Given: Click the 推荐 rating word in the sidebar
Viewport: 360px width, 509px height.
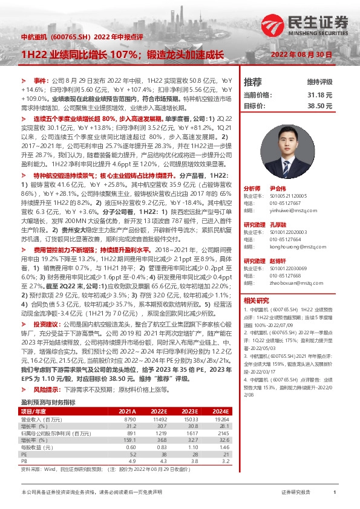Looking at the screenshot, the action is click(252, 82).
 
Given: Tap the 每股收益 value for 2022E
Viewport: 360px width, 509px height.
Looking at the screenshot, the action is click(155, 447).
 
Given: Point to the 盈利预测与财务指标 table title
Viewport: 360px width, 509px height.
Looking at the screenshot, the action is click(48, 401).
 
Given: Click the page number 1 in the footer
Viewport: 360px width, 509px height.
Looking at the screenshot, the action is click(335, 493).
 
